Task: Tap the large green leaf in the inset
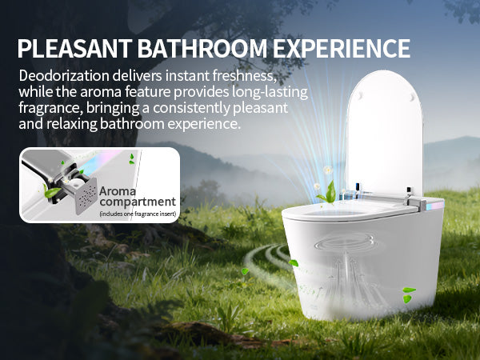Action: (x=53, y=193)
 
